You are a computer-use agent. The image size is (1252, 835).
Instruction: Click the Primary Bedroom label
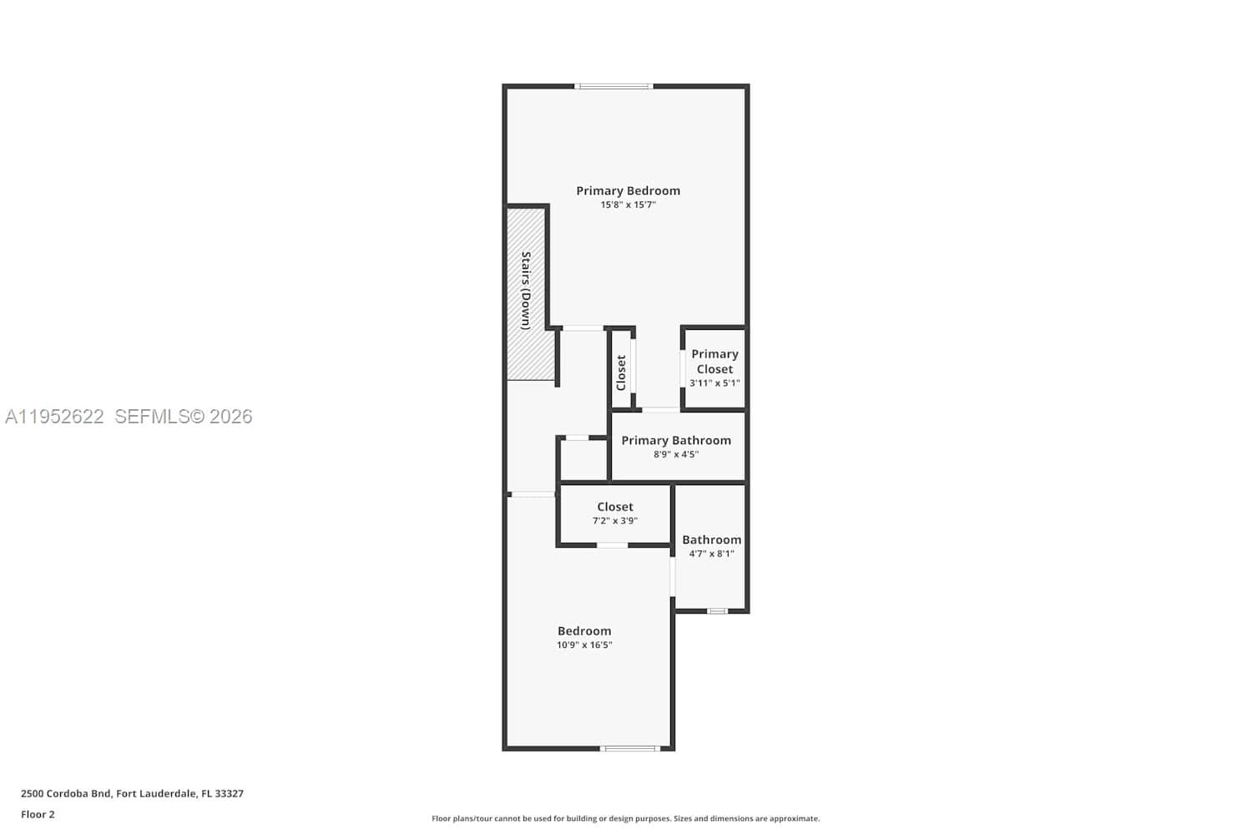click(x=628, y=190)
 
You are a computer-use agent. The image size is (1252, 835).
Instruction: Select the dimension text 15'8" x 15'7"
click(x=628, y=205)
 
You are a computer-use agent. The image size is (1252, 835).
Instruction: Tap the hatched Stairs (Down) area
click(x=527, y=292)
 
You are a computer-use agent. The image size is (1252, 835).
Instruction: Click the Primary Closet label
click(x=714, y=362)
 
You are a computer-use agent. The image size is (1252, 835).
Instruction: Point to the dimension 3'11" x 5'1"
click(x=714, y=383)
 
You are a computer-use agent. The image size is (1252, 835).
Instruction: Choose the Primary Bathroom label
click(x=676, y=440)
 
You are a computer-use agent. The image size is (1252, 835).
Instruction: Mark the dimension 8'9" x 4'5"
click(x=676, y=454)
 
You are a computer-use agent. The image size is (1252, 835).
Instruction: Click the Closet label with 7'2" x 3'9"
click(x=615, y=507)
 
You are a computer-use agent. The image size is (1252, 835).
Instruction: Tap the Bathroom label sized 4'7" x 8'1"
click(x=711, y=539)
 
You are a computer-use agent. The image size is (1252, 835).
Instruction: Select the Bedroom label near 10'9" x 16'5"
click(x=584, y=631)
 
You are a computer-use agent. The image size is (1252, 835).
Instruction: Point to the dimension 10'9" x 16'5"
click(x=584, y=645)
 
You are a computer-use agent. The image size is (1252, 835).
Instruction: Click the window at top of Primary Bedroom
click(x=613, y=86)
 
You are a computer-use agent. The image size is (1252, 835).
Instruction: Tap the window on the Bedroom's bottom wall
click(x=630, y=748)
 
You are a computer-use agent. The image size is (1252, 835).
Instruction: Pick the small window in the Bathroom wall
click(x=717, y=611)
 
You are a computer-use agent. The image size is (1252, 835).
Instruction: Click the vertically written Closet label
click(x=621, y=372)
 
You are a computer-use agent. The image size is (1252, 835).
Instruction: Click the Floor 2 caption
click(x=38, y=814)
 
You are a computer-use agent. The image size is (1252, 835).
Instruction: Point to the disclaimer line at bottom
click(x=625, y=818)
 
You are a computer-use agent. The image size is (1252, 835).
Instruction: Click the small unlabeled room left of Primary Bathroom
click(x=583, y=459)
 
